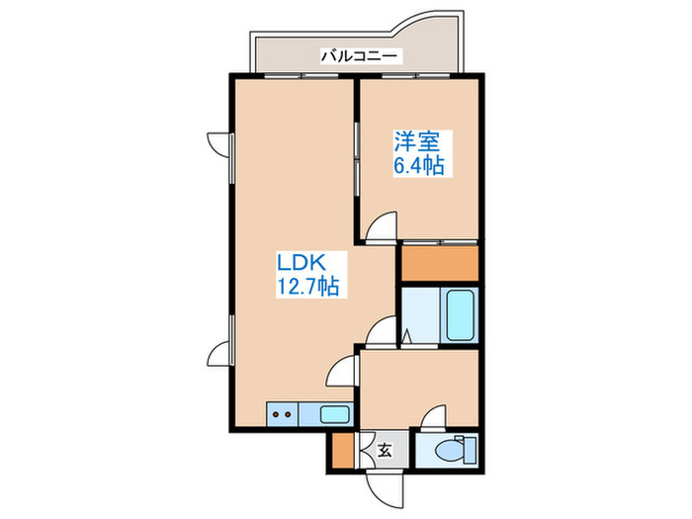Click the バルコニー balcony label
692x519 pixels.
(359, 57)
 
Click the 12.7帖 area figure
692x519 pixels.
(307, 288)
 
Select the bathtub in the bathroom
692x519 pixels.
(460, 314)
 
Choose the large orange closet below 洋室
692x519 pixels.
(439, 263)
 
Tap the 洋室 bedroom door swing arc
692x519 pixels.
(380, 230)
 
